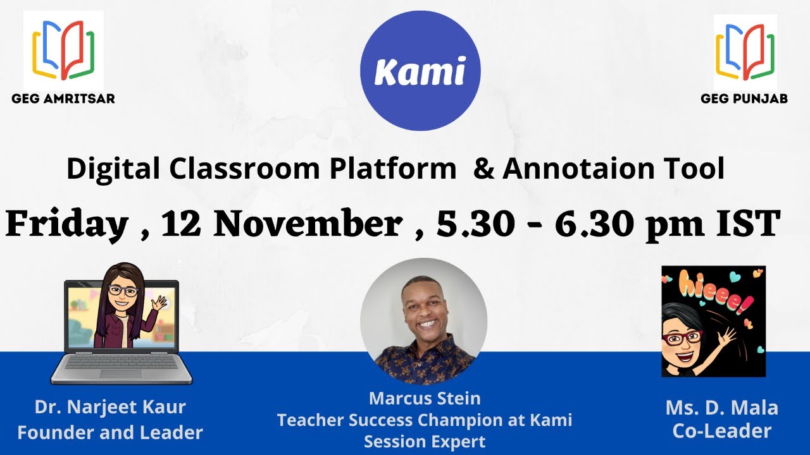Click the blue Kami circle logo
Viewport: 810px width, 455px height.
[x=420, y=71]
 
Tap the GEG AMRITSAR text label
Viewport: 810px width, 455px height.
[x=63, y=99]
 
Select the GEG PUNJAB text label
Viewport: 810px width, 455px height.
[x=744, y=99]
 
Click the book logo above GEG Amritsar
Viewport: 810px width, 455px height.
[x=63, y=51]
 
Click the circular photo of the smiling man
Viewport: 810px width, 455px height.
[x=423, y=321]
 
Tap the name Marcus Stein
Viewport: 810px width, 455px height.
[x=424, y=399]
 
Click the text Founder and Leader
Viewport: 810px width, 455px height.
[x=110, y=433]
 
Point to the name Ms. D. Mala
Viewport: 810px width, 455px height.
[x=721, y=408]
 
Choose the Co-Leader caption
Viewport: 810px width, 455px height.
[x=721, y=432]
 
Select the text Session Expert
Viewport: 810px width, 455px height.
[x=424, y=442]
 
